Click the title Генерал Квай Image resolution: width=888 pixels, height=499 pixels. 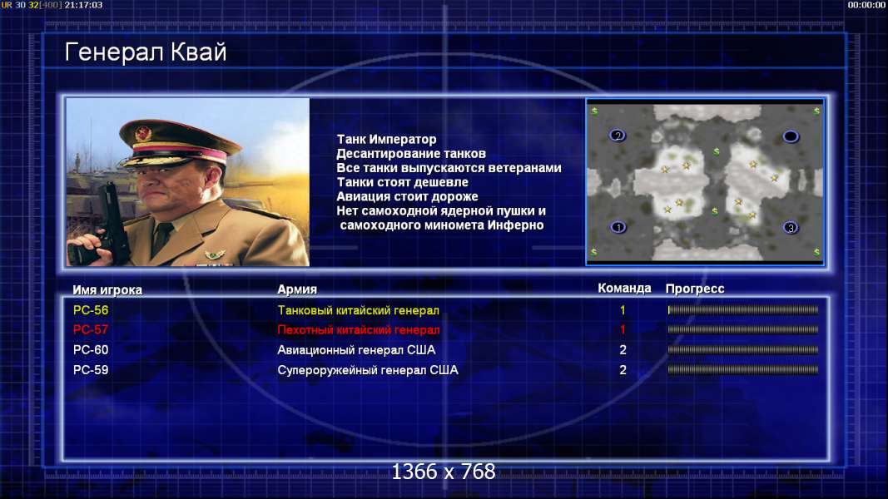click(146, 52)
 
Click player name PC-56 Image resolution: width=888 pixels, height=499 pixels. click(91, 310)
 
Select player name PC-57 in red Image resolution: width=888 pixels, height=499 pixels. click(91, 330)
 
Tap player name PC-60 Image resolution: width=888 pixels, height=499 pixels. click(91, 350)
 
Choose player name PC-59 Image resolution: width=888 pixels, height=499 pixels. click(91, 370)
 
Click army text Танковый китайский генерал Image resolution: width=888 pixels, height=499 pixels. click(359, 310)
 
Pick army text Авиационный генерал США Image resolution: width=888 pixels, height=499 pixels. click(356, 350)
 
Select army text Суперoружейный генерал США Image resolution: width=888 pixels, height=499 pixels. click(368, 370)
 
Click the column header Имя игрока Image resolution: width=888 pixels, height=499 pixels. click(107, 289)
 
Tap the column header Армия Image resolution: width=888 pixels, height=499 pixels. click(297, 289)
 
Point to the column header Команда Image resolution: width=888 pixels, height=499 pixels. click(624, 288)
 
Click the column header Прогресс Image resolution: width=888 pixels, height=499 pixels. click(695, 289)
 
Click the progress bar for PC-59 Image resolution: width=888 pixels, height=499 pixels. click(743, 370)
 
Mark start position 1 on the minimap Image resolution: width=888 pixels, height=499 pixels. click(618, 227)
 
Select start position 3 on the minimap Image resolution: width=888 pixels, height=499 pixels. click(791, 227)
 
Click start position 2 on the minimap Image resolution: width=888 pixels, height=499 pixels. click(618, 136)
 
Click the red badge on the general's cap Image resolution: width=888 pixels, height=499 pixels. click(143, 134)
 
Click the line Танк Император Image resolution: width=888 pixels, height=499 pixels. click(387, 139)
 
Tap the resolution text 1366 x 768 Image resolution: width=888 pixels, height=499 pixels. click(444, 472)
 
